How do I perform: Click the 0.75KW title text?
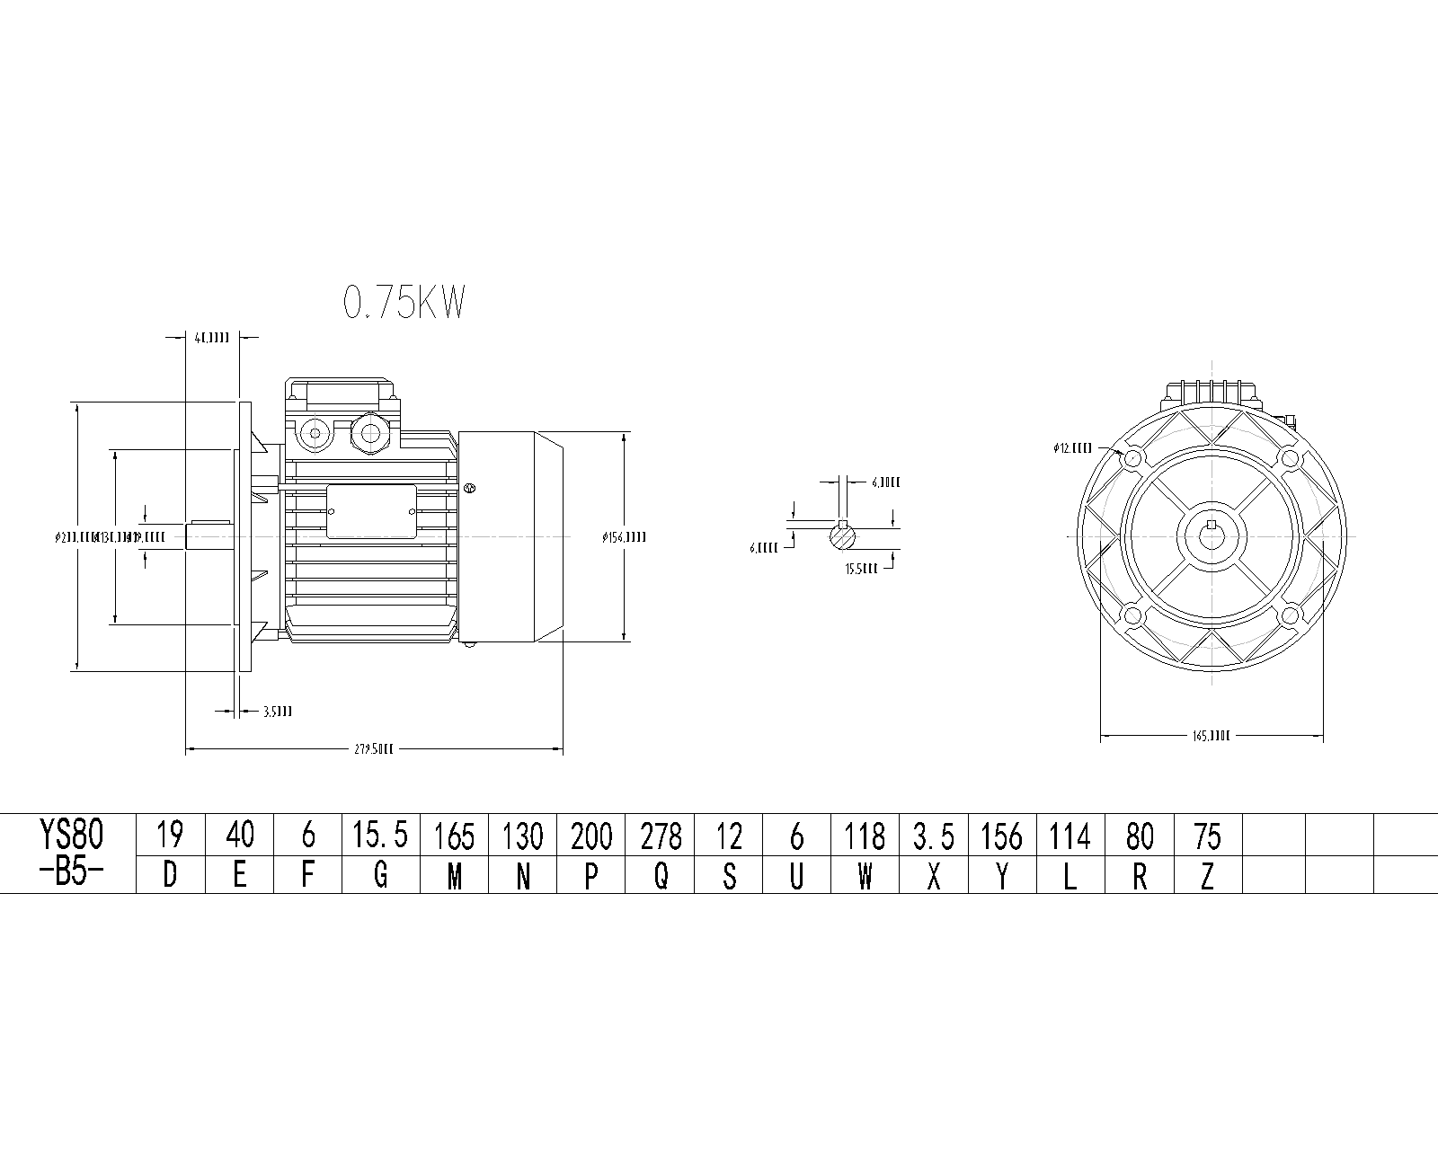[x=404, y=304]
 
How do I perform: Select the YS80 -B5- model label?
[x=72, y=854]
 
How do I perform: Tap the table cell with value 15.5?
[x=380, y=836]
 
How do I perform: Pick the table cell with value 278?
[x=661, y=836]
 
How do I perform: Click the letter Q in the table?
[x=661, y=875]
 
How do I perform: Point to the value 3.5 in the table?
[x=934, y=836]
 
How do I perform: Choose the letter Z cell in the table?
[x=1207, y=875]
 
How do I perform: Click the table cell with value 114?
[x=1070, y=836]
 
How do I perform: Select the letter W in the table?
[x=865, y=875]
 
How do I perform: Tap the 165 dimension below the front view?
[x=1211, y=736]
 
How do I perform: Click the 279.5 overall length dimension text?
[x=374, y=747]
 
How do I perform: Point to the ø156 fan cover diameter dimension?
[x=624, y=537]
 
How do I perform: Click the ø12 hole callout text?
[x=1073, y=447]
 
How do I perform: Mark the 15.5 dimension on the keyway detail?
[x=861, y=569]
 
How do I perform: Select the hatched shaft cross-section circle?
[x=842, y=537]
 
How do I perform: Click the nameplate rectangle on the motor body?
[x=371, y=511]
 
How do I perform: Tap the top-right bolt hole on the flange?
[x=1290, y=459]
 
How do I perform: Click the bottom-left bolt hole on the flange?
[x=1132, y=615]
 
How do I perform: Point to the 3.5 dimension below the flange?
[x=277, y=712]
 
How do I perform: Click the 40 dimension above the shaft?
[x=212, y=338]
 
